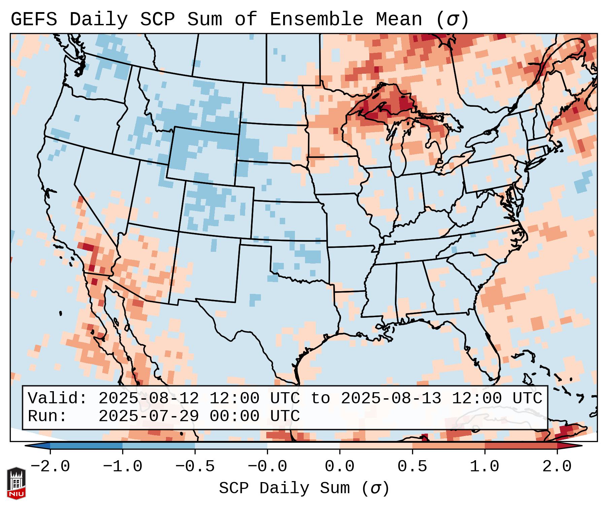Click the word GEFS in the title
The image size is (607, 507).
tap(34, 20)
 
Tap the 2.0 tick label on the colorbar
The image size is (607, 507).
tap(557, 467)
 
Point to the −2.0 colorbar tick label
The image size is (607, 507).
tap(50, 467)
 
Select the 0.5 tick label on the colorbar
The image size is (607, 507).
tap(412, 467)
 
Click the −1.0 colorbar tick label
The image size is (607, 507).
tap(123, 467)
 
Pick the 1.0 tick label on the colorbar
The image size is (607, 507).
tap(484, 467)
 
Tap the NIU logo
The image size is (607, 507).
tap(16, 483)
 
